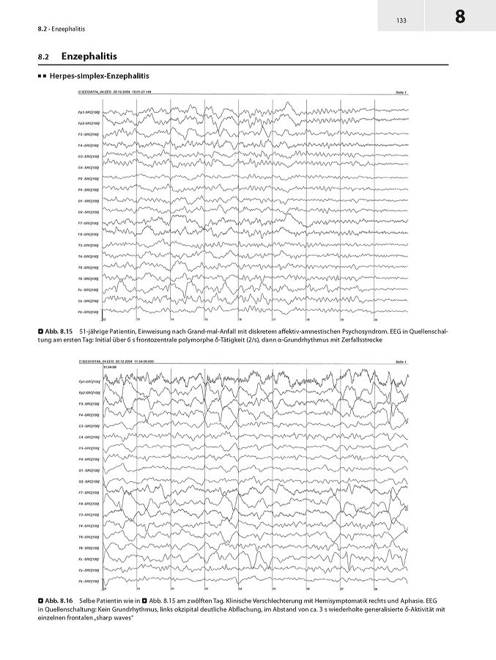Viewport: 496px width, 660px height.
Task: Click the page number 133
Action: coord(401,20)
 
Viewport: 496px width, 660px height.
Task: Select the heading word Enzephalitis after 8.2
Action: coord(89,56)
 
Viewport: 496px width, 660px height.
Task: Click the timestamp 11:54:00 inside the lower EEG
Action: coord(111,367)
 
